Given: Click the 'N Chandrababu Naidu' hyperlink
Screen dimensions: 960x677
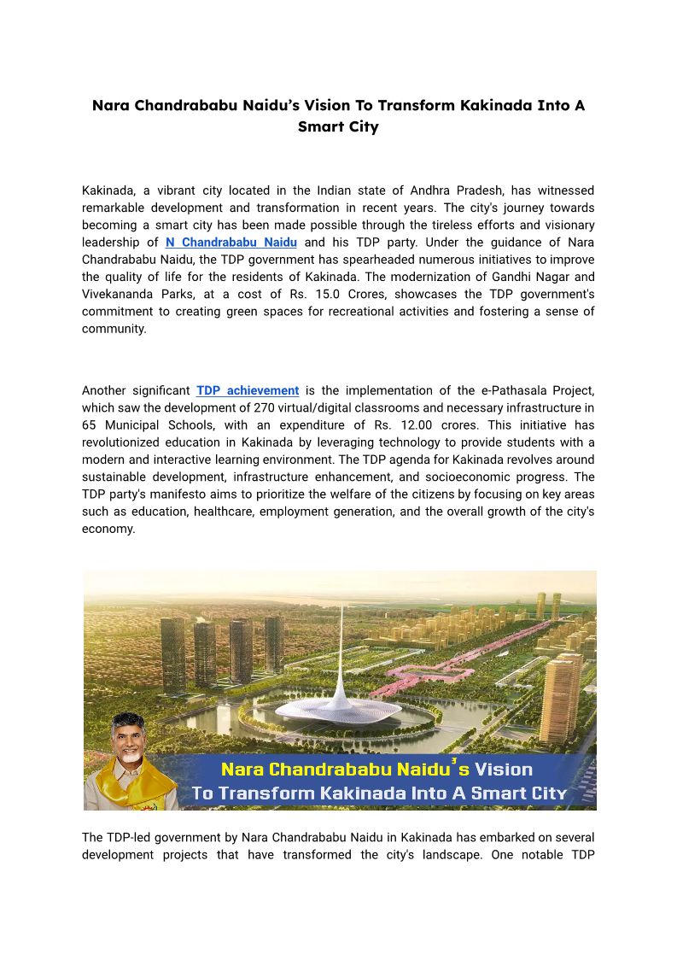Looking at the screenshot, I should (x=231, y=243).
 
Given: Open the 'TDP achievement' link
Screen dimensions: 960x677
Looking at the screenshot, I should (x=248, y=390).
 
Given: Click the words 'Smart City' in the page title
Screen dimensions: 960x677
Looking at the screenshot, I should (x=338, y=126).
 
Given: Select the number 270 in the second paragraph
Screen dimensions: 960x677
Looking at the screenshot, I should (x=244, y=407).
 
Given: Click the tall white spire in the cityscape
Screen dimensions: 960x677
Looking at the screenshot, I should (x=340, y=649).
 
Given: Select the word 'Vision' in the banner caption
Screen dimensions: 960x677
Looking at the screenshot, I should (x=504, y=769).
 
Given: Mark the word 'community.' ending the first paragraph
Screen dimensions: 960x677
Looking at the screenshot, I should (x=114, y=328).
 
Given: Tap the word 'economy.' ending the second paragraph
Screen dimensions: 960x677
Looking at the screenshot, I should (x=108, y=528).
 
